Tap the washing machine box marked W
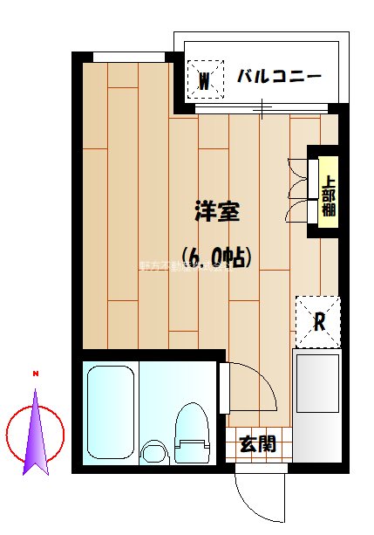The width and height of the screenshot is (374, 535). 204,82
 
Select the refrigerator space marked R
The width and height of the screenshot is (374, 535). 318,320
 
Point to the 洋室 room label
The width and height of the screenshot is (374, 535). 217,211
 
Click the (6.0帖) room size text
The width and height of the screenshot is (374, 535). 217,257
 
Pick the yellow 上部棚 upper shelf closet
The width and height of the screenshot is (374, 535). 329,196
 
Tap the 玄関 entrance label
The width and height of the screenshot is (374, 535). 258,443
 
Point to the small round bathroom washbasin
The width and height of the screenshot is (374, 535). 154,452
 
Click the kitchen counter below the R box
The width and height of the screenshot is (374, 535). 317,406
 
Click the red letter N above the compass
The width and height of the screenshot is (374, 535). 36,374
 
